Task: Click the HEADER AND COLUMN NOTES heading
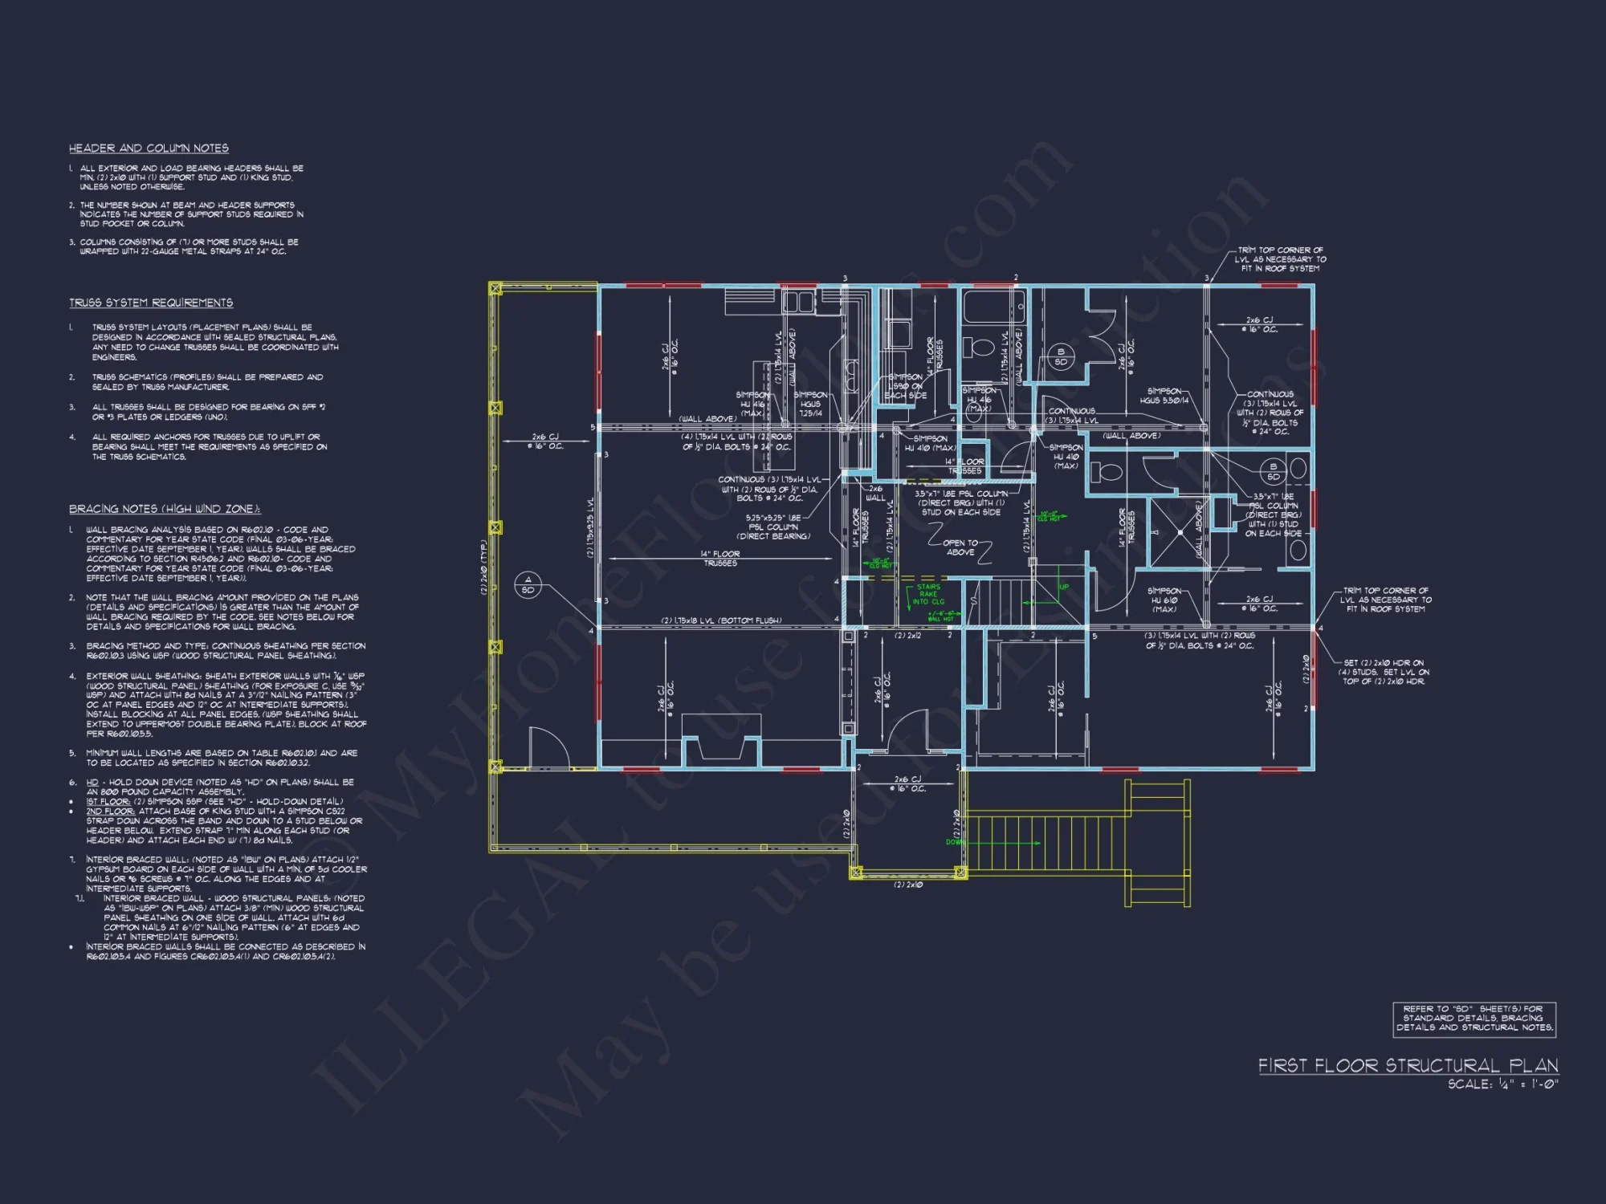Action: (149, 148)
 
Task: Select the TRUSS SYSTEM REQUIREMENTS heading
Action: (151, 303)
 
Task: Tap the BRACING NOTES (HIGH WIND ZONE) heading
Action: (165, 509)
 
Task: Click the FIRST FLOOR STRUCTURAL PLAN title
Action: (1408, 1066)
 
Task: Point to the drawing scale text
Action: (1502, 1084)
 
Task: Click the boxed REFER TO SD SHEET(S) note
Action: (1474, 1019)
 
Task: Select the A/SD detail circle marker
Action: (528, 584)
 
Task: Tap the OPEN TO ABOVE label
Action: (960, 547)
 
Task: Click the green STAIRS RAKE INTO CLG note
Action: (928, 594)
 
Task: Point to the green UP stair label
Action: (1063, 587)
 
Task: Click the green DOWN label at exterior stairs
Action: (955, 842)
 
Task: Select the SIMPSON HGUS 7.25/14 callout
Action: (809, 404)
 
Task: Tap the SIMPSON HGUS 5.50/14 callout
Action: (1164, 396)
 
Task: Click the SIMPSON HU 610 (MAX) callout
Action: (1164, 600)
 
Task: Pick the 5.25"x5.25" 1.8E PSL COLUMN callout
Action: (773, 527)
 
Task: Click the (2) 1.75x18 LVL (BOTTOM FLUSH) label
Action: (720, 620)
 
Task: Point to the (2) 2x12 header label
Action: (907, 636)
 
